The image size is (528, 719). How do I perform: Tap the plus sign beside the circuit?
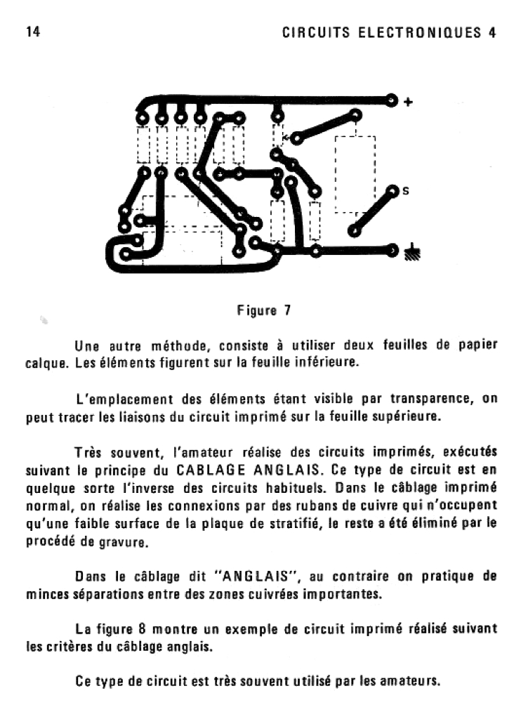(x=409, y=103)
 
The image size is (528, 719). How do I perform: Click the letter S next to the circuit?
(x=405, y=191)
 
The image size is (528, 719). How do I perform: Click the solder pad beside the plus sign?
(x=392, y=101)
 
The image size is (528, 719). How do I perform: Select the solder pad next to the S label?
(x=392, y=191)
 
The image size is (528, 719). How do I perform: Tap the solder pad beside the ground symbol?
(x=392, y=248)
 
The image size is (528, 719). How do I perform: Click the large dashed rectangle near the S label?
(x=355, y=173)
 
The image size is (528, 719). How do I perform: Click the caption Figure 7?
(x=263, y=310)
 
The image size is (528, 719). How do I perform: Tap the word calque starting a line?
(x=45, y=364)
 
